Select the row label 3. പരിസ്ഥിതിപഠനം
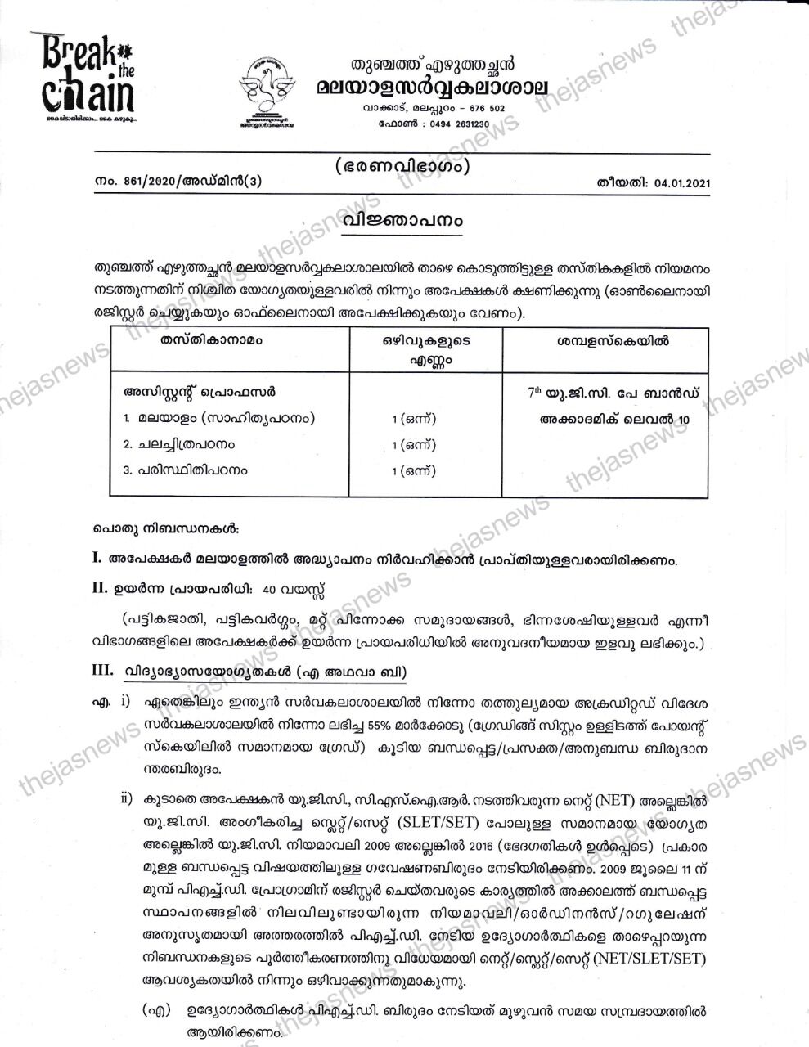coord(185,470)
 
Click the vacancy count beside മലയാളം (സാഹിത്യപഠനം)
coord(413,419)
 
